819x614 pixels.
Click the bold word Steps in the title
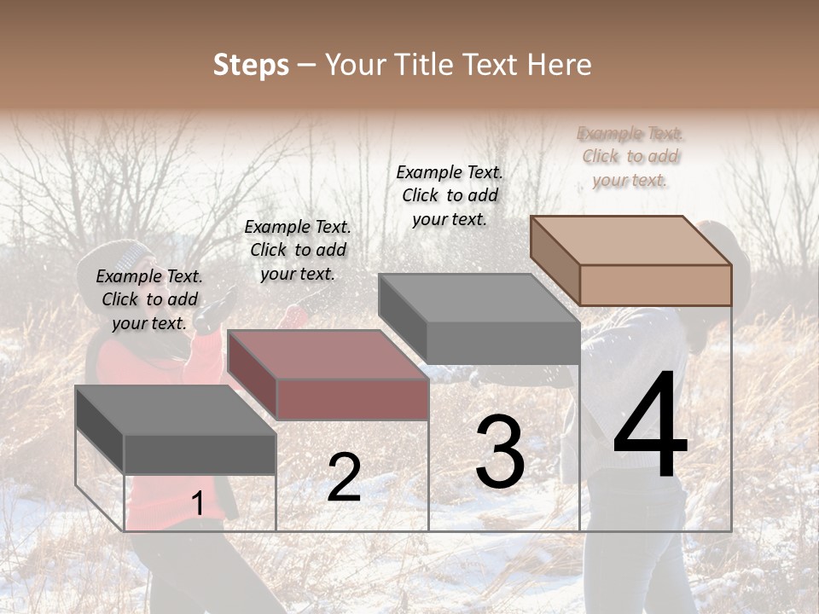pos(251,65)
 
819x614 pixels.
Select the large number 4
pos(650,426)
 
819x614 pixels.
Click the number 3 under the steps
pos(500,453)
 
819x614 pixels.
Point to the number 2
pos(344,478)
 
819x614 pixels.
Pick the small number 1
pos(197,504)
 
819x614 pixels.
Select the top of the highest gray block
pos(478,298)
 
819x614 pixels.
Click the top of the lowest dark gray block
pos(175,410)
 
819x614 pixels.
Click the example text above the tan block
pos(630,157)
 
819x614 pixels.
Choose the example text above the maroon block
pos(298,250)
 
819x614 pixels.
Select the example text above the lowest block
pos(149,299)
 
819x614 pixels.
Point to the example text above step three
pos(450,195)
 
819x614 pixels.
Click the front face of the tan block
pos(655,285)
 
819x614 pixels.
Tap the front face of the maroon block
pos(352,399)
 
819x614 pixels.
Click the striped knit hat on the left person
pos(128,255)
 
